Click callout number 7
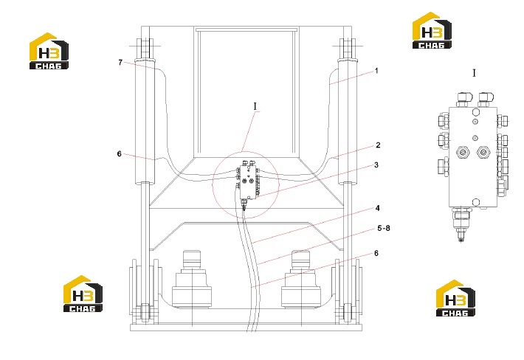pyautogui.click(x=120, y=63)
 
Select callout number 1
pyautogui.click(x=376, y=71)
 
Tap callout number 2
pyautogui.click(x=378, y=145)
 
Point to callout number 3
pyautogui.click(x=376, y=165)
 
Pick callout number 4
pyautogui.click(x=378, y=208)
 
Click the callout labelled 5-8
pyautogui.click(x=384, y=229)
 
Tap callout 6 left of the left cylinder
pyautogui.click(x=120, y=154)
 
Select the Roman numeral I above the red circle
pyautogui.click(x=255, y=106)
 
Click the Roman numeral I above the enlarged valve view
pyautogui.click(x=474, y=73)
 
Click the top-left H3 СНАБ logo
pyautogui.click(x=49, y=51)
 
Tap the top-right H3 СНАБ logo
pyautogui.click(x=432, y=31)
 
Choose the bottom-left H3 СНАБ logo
pyautogui.click(x=83, y=294)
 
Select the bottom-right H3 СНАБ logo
pyautogui.click(x=455, y=298)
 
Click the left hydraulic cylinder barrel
pyautogui.click(x=145, y=122)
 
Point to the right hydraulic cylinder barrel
pyautogui.click(x=348, y=122)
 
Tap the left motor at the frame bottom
pyautogui.click(x=192, y=280)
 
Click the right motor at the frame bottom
pyautogui.click(x=301, y=280)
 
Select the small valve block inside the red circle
pyautogui.click(x=248, y=181)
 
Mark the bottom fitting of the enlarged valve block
pyautogui.click(x=461, y=224)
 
